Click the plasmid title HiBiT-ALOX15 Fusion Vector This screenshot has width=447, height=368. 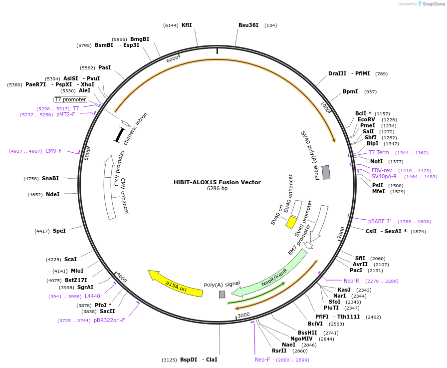(x=217, y=182)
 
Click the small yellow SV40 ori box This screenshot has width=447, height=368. (x=291, y=222)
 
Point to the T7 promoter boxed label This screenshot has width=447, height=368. (x=71, y=99)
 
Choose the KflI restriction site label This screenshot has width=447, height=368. (x=187, y=25)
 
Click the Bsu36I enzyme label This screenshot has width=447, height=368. (x=248, y=25)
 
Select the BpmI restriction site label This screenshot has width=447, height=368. (x=350, y=91)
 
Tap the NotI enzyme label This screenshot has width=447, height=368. (x=376, y=161)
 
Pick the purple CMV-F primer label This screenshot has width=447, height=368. (x=53, y=151)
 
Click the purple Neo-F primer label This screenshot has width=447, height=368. (x=262, y=360)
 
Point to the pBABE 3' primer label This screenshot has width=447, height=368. (x=380, y=221)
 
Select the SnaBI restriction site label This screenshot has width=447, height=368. (x=50, y=178)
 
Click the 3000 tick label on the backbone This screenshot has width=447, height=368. (x=244, y=315)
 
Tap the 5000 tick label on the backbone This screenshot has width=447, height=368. (x=87, y=153)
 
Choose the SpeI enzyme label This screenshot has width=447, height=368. (x=59, y=231)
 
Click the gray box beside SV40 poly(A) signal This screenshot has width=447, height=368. (x=326, y=172)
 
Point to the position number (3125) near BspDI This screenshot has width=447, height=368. (x=169, y=360)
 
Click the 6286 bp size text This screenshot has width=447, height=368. (x=217, y=188)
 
